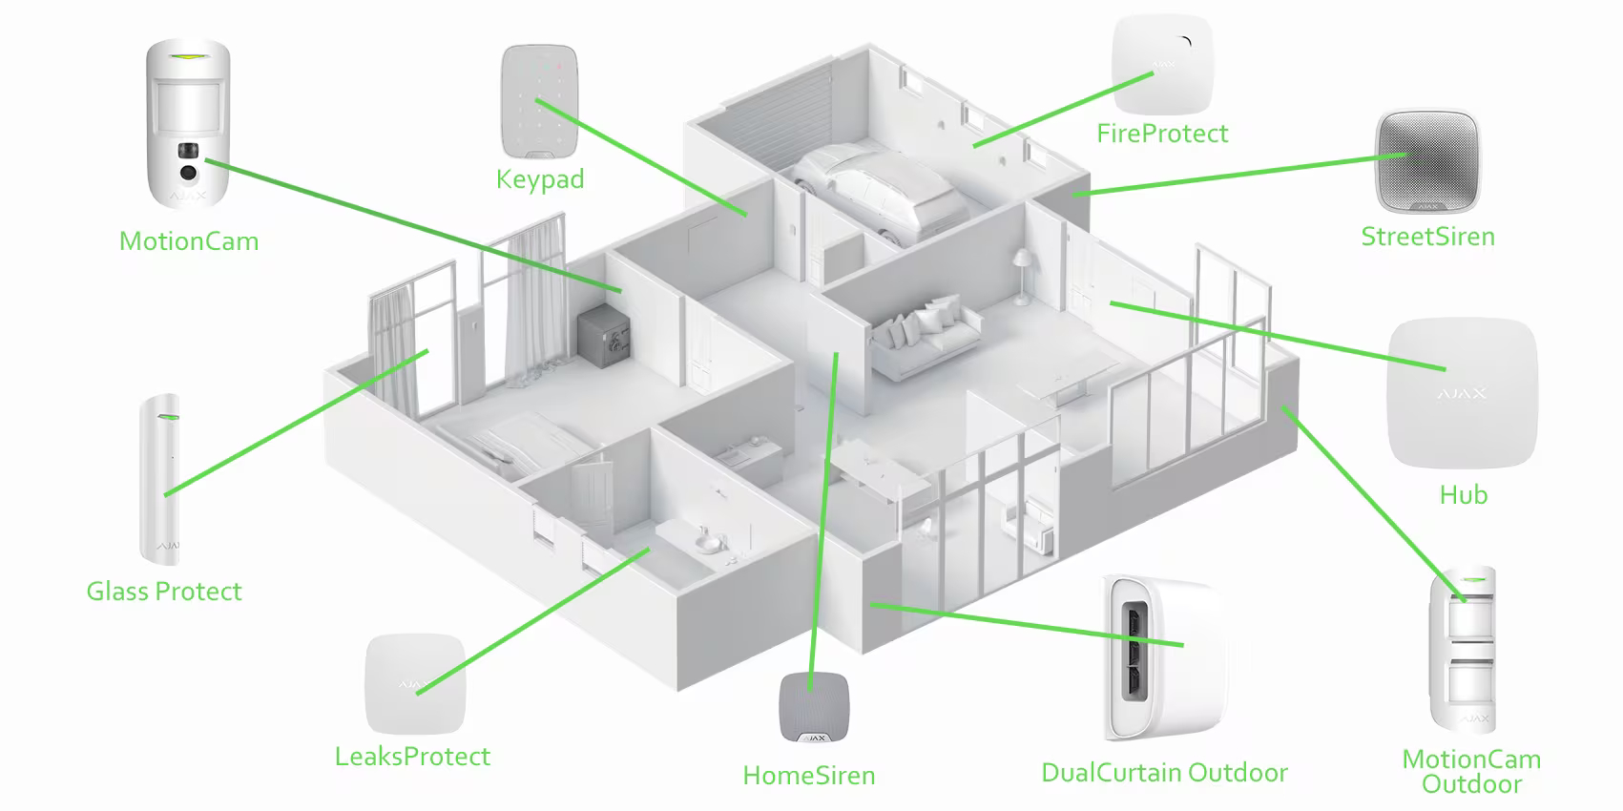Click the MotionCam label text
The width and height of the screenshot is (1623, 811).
(189, 241)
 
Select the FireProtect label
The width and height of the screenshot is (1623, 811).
(1162, 134)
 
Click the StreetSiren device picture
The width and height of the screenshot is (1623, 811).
(1426, 161)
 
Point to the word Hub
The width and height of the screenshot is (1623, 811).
(1463, 495)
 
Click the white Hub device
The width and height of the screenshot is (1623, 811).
(1462, 392)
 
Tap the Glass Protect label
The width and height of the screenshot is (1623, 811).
(164, 592)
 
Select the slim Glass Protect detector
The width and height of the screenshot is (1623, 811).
(159, 477)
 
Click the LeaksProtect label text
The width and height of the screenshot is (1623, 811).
(412, 757)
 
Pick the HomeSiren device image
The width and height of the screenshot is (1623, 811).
(809, 707)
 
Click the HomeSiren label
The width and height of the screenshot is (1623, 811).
(809, 776)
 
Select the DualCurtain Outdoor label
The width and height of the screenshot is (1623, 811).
(1164, 773)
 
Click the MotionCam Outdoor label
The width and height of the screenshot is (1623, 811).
(1471, 772)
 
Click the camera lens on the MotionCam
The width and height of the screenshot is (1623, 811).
(188, 173)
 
